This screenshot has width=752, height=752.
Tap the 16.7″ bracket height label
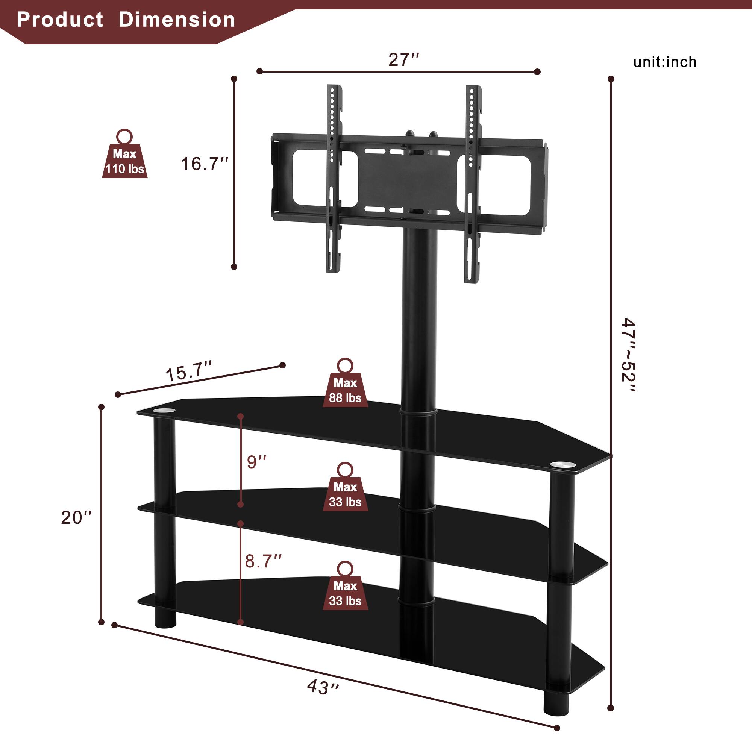point(204,164)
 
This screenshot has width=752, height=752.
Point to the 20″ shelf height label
point(76,518)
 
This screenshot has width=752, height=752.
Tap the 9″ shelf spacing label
point(256,462)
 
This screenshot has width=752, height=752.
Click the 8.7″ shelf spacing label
point(263,561)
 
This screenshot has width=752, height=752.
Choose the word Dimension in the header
point(177,20)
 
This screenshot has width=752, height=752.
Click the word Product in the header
point(60,20)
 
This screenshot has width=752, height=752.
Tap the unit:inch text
point(665,62)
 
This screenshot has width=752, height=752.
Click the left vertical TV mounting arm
point(334,179)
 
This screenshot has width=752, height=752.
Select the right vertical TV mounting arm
point(473,183)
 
